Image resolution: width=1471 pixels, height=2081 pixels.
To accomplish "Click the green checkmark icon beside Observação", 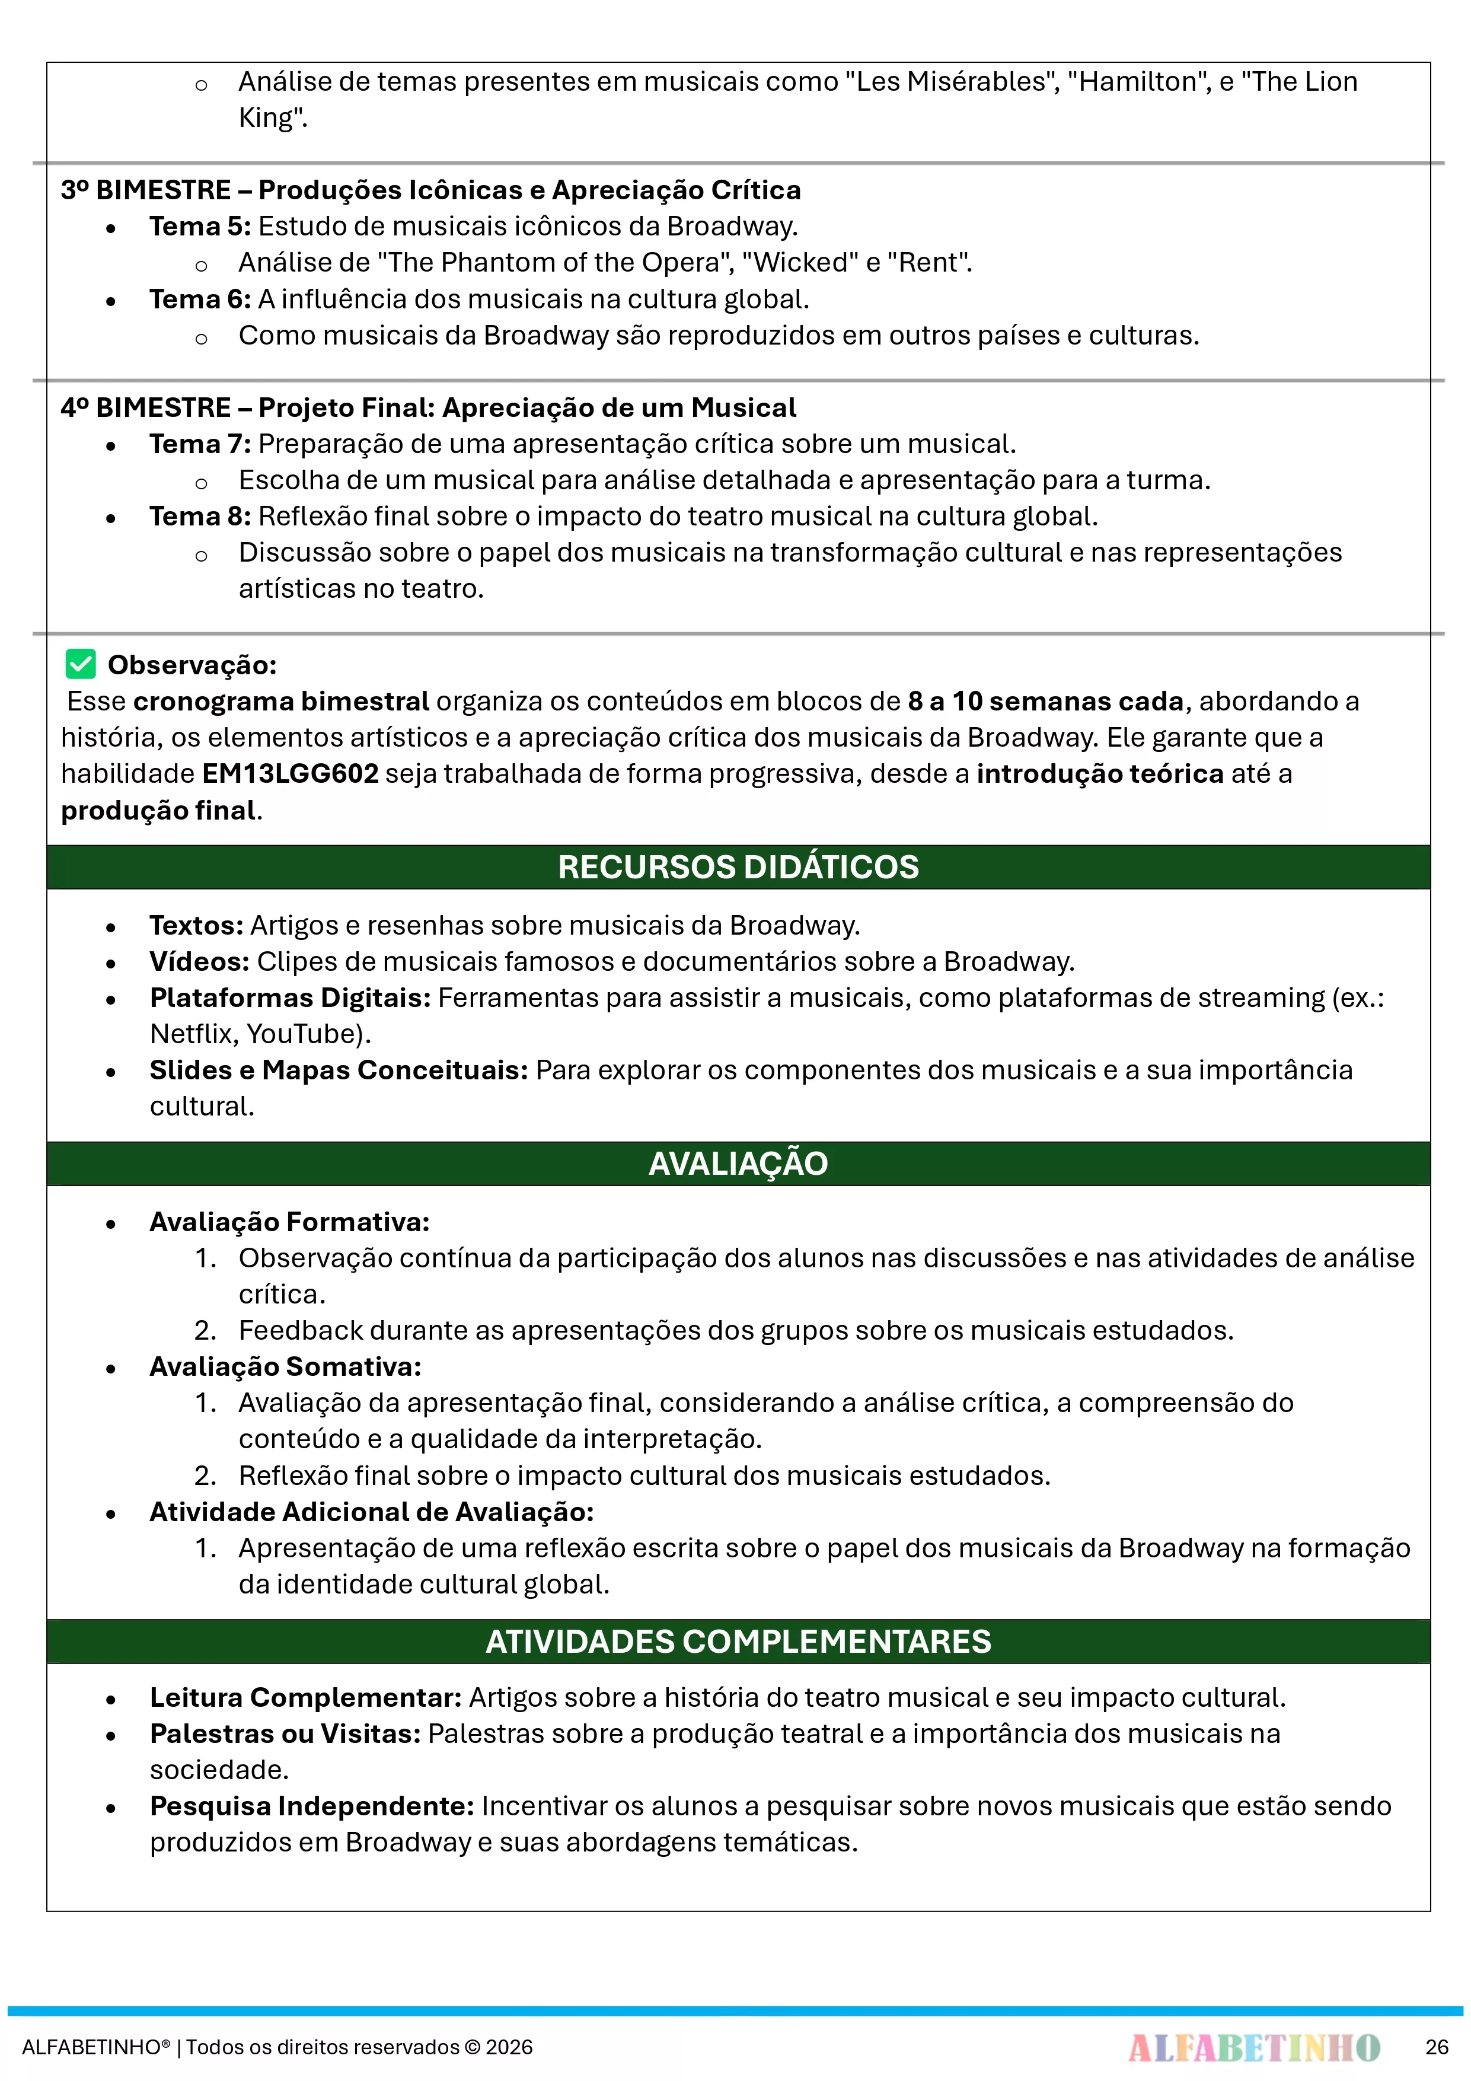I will (81, 664).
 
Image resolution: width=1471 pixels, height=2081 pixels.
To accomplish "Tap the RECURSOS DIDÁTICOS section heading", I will (738, 868).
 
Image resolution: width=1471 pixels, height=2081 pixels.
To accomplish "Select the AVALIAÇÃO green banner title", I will (738, 1164).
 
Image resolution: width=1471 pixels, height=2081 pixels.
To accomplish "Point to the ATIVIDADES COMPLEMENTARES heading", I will (738, 1642).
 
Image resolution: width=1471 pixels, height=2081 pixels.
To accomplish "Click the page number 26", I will (1437, 2047).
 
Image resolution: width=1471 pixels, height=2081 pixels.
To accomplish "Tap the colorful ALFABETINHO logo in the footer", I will (1253, 2047).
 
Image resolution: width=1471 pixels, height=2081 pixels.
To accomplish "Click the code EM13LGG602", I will (290, 774).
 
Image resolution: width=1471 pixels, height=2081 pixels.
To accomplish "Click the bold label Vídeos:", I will (199, 962).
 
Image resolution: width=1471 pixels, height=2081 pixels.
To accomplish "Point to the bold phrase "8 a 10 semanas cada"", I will (1046, 702).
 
